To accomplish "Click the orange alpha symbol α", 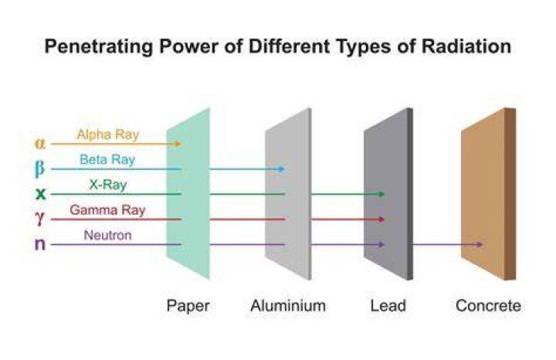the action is (x=40, y=144).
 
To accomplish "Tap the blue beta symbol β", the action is (x=39, y=168).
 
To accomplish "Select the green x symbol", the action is (x=40, y=194).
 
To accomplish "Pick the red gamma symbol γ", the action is (x=39, y=219).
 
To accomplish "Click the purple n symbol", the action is (x=40, y=244).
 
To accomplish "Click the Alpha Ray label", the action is (x=108, y=134).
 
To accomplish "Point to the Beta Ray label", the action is (x=107, y=160).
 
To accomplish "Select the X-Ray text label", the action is (x=108, y=185).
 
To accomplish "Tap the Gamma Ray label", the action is (x=108, y=210).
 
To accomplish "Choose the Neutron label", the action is (x=108, y=235).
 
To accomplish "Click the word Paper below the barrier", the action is (x=188, y=306).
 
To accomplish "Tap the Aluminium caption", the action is (x=288, y=305).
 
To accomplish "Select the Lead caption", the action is (x=388, y=305).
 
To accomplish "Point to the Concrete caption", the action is (x=488, y=305).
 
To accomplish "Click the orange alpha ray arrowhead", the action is (x=178, y=144).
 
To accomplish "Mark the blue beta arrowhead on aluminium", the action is (x=281, y=169).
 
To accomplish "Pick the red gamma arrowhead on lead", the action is (x=381, y=219).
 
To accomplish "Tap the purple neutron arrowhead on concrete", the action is (x=479, y=244).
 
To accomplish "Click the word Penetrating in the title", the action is (x=99, y=46).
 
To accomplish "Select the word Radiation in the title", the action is (x=466, y=46).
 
